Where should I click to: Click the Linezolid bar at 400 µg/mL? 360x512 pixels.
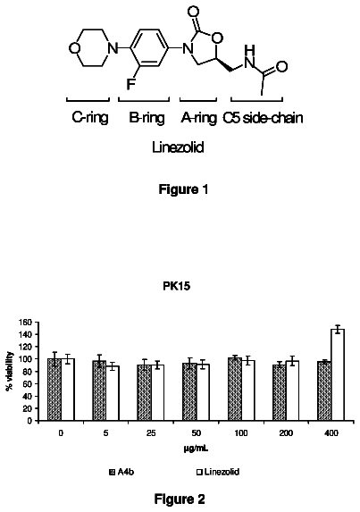338,375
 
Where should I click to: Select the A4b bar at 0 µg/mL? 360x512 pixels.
54,390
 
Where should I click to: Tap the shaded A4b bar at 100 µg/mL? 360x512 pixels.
235,390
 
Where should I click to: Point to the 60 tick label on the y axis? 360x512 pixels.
29,383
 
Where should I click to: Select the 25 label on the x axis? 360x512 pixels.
151,433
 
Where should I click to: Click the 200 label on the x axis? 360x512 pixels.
286,433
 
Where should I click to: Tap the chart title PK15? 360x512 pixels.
177,286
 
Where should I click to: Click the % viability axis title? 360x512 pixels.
10,371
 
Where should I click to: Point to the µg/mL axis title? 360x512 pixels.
196,449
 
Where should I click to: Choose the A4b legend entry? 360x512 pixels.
121,472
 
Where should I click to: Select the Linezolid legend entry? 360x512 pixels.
218,472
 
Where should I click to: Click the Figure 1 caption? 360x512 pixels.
183,189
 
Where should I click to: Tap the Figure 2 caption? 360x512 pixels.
180,499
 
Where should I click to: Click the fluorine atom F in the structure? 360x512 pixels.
131,84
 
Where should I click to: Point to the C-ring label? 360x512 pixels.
90,118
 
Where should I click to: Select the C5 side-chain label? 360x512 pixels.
263,118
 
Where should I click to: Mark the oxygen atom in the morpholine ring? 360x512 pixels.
74,48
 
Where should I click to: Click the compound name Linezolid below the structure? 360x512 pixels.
178,147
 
